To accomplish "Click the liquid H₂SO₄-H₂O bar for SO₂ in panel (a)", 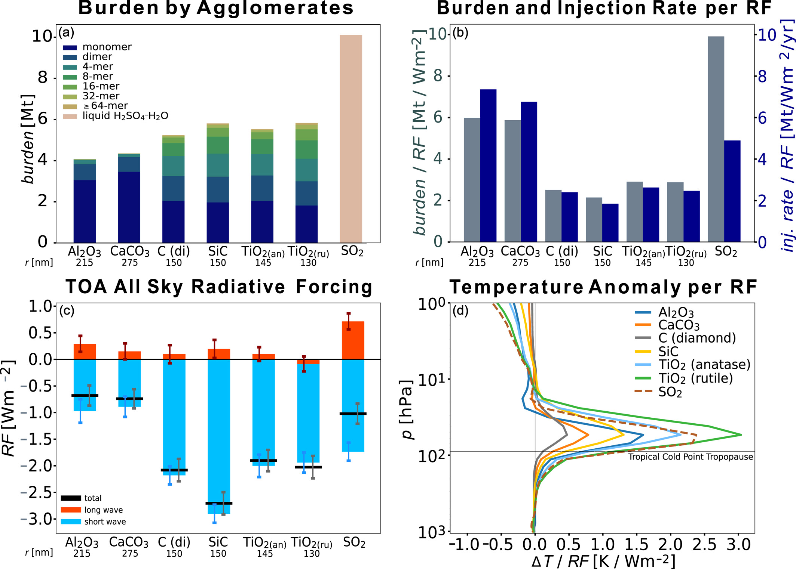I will (x=350, y=138).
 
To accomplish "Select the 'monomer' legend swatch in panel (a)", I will (x=70, y=47).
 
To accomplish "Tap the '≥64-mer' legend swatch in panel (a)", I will (x=70, y=106).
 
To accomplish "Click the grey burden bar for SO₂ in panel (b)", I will (x=716, y=138).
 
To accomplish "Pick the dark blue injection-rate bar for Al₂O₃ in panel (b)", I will (x=488, y=166).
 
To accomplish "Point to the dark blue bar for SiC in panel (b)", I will (x=610, y=223).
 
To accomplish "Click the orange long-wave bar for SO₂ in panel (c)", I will (x=353, y=340).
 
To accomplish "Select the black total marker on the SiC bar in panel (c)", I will (x=219, y=503).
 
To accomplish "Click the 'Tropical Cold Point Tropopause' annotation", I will (x=690, y=457).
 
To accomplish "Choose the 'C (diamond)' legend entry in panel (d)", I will (x=696, y=338).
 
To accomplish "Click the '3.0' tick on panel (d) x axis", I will (x=737, y=545).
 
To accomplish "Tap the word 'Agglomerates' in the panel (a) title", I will (x=275, y=8).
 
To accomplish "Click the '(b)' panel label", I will (x=460, y=33).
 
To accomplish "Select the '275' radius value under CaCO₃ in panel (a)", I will (x=129, y=263).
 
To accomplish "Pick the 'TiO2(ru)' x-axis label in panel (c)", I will (x=311, y=543).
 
